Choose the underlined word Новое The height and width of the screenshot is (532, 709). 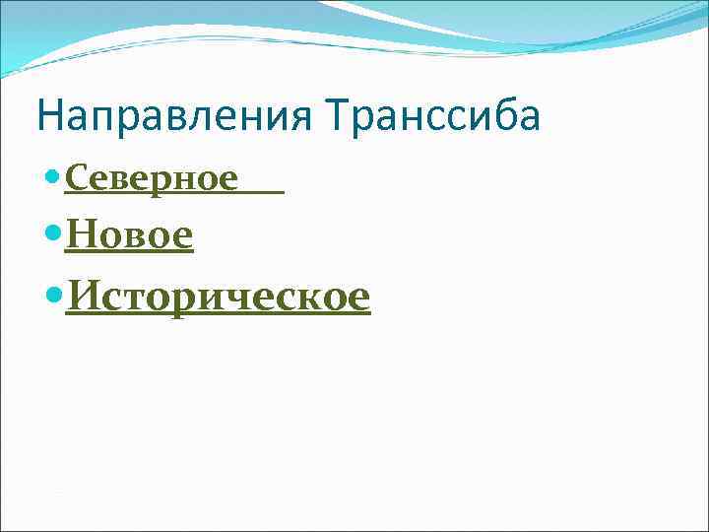[x=129, y=235]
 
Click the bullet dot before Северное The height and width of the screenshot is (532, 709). [x=53, y=178]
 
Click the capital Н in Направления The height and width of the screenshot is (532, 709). [x=49, y=116]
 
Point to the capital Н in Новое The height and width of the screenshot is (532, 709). [x=82, y=235]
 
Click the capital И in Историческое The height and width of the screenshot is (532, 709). [x=83, y=294]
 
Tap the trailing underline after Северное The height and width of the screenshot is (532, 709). [x=262, y=191]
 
